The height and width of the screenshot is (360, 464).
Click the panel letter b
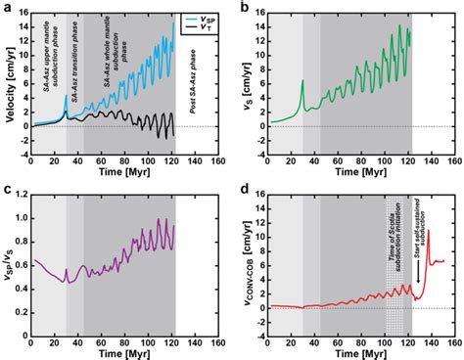tap(243, 8)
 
